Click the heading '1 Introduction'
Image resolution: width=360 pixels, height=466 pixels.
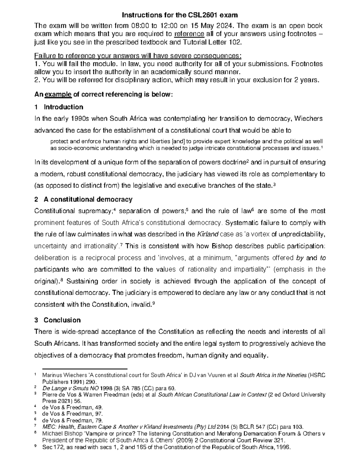[59, 107]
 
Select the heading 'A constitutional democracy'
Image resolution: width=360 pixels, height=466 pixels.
[88, 200]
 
